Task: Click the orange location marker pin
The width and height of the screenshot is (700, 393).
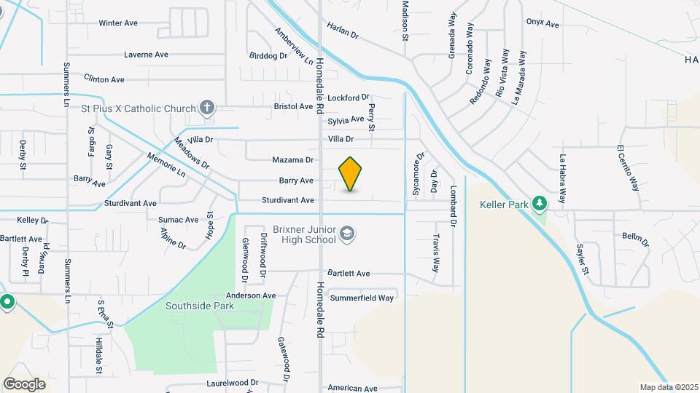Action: tap(350, 174)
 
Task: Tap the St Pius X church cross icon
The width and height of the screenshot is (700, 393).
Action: tap(207, 108)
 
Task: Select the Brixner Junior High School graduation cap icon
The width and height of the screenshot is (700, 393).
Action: tap(347, 233)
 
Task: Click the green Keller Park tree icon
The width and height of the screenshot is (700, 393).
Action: tap(539, 203)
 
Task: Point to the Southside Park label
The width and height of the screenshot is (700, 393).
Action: tap(199, 306)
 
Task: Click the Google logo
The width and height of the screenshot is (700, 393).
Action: tap(24, 384)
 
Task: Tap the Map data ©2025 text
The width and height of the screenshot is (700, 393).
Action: tap(668, 387)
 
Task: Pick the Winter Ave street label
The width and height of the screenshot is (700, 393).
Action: tap(118, 23)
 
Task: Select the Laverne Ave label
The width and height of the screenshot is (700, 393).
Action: tap(146, 55)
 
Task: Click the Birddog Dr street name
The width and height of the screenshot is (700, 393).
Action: tap(268, 56)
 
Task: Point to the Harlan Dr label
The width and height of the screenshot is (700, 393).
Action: tap(344, 34)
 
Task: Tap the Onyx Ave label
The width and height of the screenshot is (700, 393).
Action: tap(542, 24)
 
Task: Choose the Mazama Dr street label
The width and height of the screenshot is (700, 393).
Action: tap(292, 160)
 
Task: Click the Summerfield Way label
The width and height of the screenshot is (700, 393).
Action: tap(362, 298)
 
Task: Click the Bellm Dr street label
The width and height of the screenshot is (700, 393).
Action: tap(630, 237)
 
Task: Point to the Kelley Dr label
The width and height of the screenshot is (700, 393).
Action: tap(32, 220)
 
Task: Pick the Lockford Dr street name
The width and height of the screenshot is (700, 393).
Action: tap(349, 98)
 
